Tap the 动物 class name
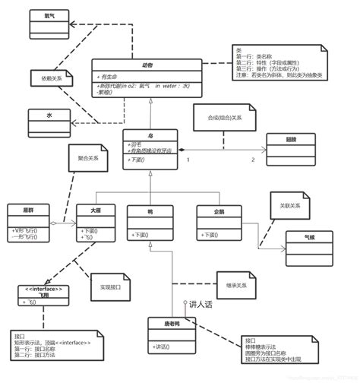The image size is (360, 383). coord(147,65)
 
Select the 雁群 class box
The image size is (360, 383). coord(28,223)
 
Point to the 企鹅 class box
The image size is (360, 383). coord(219,223)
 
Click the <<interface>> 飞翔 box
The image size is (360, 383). coord(43,296)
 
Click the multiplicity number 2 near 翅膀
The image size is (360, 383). coord(253,160)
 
